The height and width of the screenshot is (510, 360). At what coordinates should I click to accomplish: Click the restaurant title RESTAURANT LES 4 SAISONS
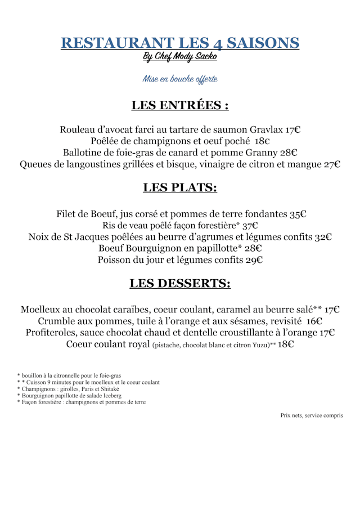(x=180, y=43)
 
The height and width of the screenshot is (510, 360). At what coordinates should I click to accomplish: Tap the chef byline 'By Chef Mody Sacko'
(x=180, y=57)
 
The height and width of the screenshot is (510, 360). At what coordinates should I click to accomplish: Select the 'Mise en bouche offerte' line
(x=180, y=79)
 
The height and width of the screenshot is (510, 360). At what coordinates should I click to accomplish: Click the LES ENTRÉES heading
(x=180, y=105)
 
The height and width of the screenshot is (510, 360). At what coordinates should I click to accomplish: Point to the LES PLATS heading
(x=180, y=187)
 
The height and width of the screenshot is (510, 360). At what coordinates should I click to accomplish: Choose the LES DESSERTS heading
(x=180, y=284)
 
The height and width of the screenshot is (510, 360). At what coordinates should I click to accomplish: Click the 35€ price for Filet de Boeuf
(x=298, y=214)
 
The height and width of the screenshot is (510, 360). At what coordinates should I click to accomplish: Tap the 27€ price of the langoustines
(x=332, y=164)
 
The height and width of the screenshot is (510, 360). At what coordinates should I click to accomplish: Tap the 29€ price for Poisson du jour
(x=254, y=260)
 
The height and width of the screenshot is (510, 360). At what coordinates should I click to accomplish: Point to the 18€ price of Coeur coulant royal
(x=286, y=345)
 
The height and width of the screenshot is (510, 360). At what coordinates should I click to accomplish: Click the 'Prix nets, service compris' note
(x=312, y=415)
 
